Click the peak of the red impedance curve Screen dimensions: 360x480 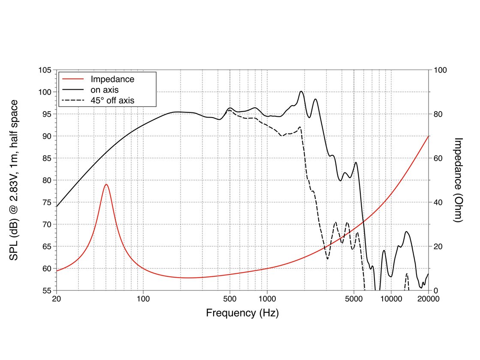[106, 184]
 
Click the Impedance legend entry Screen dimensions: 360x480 [112, 79]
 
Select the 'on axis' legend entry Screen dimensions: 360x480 [104, 90]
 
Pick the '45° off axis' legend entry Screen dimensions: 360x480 [112, 101]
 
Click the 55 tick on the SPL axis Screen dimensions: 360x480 [46, 290]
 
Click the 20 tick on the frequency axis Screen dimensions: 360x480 [56, 299]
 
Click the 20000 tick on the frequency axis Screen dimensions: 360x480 [428, 299]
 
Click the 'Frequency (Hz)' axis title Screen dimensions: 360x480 [242, 313]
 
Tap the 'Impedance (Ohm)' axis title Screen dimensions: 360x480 [458, 180]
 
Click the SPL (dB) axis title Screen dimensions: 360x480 [14, 180]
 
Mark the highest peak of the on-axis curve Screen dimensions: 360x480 [301, 91]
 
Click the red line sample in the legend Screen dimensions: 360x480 [73, 79]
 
